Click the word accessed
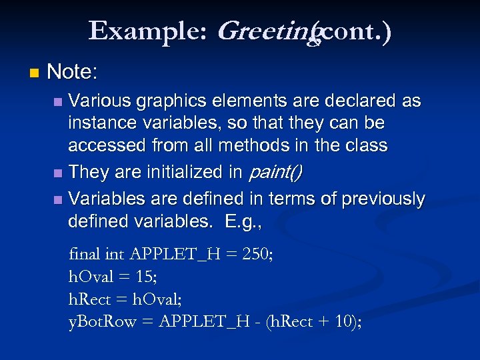point(106,145)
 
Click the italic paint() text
point(275,172)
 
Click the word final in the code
point(85,254)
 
